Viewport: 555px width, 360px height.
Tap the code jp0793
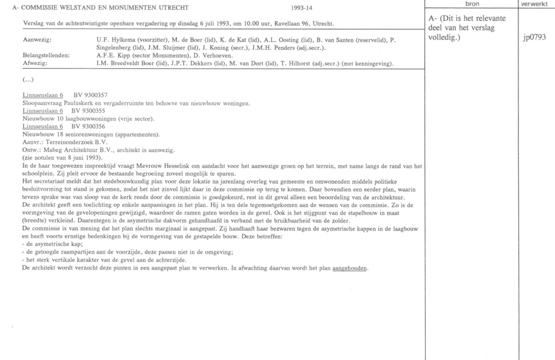[534, 38]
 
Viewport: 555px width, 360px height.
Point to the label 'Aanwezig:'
[37, 41]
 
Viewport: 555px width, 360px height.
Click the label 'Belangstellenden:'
[46, 56]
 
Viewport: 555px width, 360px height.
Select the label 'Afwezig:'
[34, 64]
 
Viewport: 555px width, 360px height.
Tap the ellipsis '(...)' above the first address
[28, 80]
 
